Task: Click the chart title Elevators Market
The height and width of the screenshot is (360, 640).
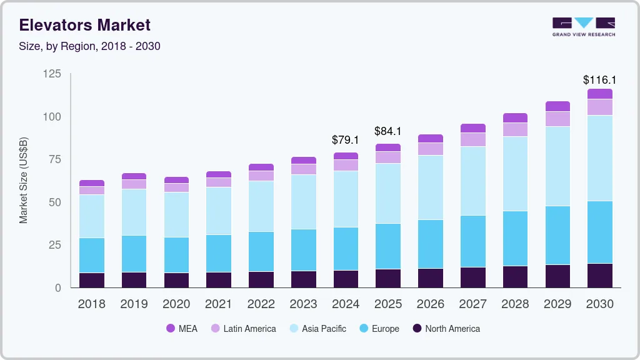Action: point(84,25)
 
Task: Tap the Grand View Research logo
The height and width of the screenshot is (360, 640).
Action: point(583,26)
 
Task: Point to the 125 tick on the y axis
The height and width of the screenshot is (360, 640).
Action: point(52,74)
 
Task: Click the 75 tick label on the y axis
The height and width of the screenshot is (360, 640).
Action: point(55,159)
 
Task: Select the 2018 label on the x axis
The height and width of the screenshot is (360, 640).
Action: point(91,304)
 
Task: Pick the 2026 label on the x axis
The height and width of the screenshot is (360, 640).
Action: point(430,304)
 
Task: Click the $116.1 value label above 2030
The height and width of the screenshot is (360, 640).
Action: point(599,80)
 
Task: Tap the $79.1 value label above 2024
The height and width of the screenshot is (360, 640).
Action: point(346,140)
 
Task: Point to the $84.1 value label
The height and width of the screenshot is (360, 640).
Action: point(388,131)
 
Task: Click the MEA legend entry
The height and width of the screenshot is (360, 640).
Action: point(182,328)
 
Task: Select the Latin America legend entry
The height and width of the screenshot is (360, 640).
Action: point(243,328)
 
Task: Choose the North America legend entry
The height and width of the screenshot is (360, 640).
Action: point(446,328)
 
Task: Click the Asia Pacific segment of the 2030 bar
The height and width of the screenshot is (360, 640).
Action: point(599,158)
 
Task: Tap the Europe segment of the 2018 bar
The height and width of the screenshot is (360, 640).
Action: point(92,255)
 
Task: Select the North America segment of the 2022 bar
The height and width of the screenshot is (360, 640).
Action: point(261,279)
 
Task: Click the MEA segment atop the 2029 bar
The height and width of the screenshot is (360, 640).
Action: point(557,106)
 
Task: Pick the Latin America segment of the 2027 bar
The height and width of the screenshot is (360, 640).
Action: point(472,139)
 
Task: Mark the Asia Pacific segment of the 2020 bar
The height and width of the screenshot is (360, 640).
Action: point(176,214)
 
